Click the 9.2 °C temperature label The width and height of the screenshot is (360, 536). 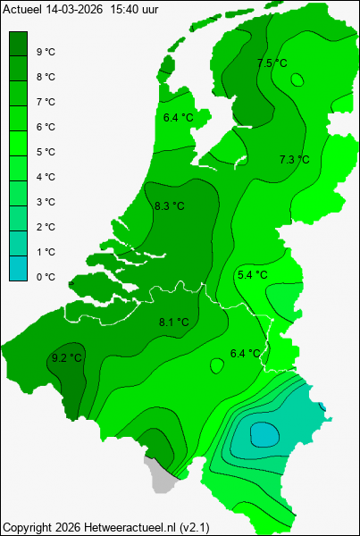click(64, 358)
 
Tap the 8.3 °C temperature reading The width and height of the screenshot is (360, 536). click(169, 206)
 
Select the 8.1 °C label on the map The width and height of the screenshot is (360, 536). click(173, 322)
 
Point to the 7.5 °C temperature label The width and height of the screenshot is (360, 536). click(272, 63)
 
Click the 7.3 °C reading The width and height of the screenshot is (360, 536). click(294, 159)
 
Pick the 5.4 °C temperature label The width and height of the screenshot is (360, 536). click(251, 274)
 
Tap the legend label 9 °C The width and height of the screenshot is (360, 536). click(46, 52)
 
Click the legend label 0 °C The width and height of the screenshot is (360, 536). click(46, 277)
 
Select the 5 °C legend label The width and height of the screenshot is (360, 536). click(46, 152)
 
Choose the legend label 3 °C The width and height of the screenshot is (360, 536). click(46, 202)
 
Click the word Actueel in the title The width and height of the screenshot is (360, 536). click(21, 8)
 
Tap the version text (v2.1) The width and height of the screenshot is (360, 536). click(194, 527)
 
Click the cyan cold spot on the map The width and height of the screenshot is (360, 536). click(264, 434)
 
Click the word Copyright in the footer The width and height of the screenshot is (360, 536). click(26, 527)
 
